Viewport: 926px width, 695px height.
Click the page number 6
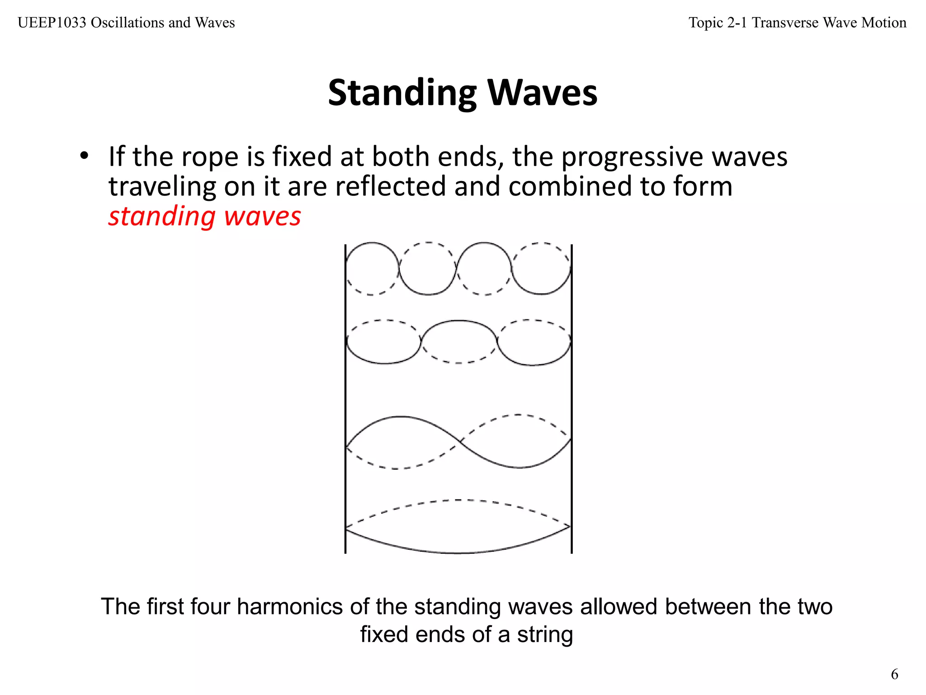click(894, 675)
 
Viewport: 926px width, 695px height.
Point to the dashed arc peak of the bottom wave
click(458, 500)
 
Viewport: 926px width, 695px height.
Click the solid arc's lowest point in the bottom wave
click(458, 553)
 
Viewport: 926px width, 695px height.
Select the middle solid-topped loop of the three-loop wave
click(458, 342)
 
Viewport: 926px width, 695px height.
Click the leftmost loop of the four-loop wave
click(372, 269)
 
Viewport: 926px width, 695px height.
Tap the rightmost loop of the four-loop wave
click(542, 269)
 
